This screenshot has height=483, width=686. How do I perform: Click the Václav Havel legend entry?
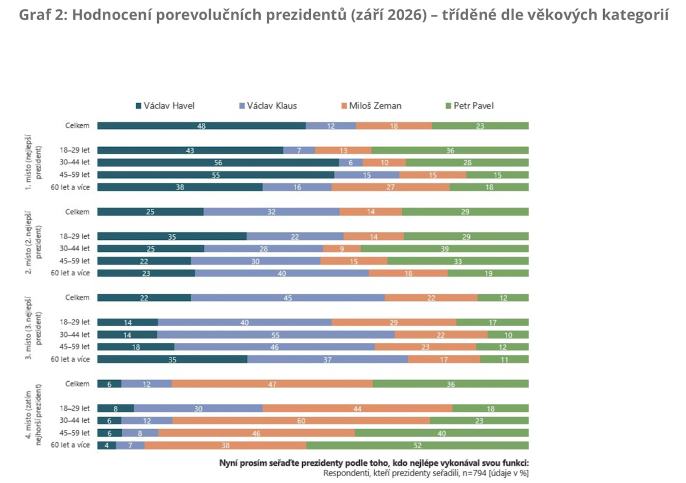(x=165, y=106)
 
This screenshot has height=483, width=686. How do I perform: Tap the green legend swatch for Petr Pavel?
(x=448, y=106)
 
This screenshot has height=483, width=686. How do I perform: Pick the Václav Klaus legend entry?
(x=268, y=106)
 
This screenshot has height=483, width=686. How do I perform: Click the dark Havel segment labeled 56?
(x=218, y=163)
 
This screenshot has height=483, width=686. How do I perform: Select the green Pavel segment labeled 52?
(x=417, y=445)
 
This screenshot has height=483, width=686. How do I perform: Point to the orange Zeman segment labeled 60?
(x=301, y=421)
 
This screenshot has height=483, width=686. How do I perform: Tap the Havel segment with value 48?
(x=201, y=126)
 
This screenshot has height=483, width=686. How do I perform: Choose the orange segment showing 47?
(x=272, y=384)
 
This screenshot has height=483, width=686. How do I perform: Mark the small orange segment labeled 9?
(x=342, y=249)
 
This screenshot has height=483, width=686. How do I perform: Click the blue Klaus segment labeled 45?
(x=288, y=298)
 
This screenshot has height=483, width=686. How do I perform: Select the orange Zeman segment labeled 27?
(x=390, y=187)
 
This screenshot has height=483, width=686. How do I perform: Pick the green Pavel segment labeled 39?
(x=445, y=249)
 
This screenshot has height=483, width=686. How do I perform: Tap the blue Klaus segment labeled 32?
(x=272, y=212)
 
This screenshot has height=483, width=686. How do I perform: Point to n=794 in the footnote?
(x=474, y=473)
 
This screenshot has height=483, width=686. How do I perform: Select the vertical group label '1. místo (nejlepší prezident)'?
(x=33, y=162)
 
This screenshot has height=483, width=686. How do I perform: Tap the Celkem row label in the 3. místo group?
(x=77, y=298)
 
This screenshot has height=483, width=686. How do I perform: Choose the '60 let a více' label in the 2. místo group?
(x=70, y=273)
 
